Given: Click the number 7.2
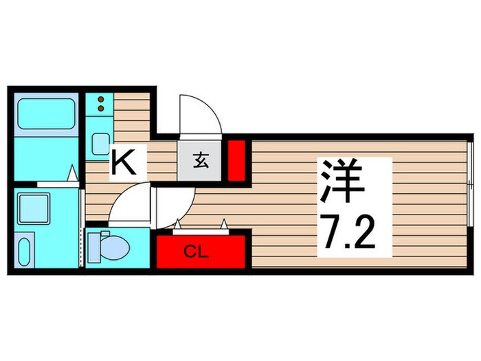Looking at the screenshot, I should click(345, 233).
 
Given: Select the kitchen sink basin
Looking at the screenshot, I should click(99, 144).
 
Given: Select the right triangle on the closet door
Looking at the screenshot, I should click(225, 223).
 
